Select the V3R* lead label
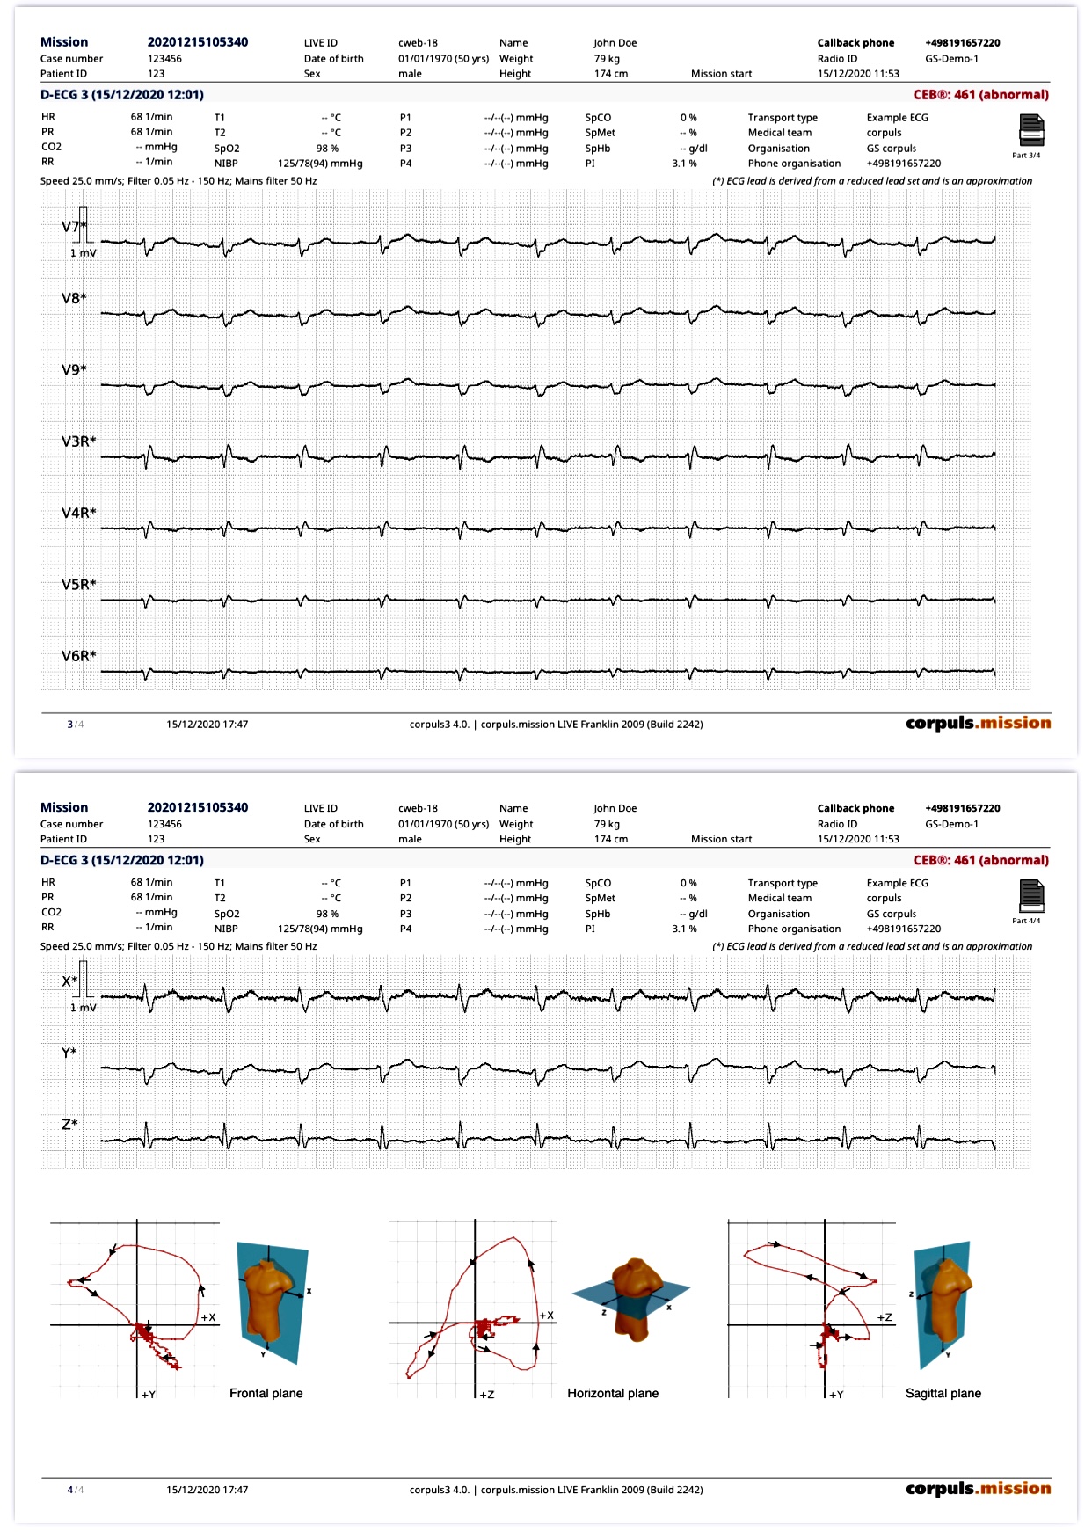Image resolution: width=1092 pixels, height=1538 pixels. point(78,441)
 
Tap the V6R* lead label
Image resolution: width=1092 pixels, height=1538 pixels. point(78,656)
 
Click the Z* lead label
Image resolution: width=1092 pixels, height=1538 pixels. point(69,1125)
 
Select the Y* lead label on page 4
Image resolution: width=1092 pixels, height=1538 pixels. point(69,1053)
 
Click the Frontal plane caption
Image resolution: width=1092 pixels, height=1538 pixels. point(266,1393)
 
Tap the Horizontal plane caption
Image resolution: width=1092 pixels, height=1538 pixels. point(612,1393)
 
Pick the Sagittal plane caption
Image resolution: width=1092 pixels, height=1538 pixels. point(943,1393)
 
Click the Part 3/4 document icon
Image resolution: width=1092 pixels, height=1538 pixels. point(1030,131)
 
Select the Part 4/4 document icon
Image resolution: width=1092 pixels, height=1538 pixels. point(1030,896)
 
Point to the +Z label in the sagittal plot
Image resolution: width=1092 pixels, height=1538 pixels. point(885,1317)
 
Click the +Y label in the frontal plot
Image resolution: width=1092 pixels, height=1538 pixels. point(148,1395)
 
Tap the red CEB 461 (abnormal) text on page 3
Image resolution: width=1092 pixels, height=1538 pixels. point(980,95)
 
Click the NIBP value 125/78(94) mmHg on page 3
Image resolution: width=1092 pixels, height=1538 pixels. point(320,164)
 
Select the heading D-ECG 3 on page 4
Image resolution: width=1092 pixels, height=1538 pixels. point(121,860)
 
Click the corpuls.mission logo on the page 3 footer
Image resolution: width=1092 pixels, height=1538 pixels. point(978,723)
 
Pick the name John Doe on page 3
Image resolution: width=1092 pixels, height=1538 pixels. point(615,43)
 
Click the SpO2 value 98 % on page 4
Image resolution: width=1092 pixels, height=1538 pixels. point(327,914)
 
